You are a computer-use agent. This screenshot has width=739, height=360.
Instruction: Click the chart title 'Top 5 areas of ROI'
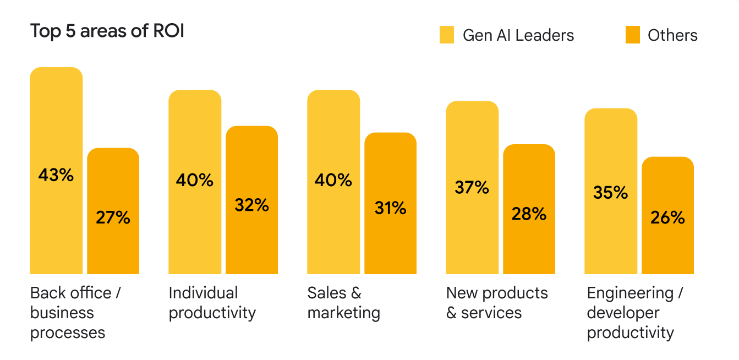point(107,31)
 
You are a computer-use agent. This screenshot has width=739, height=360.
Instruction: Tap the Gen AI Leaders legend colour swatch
point(447,35)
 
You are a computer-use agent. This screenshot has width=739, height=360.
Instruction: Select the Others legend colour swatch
point(633,35)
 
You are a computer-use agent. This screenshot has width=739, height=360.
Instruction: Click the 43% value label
point(56,175)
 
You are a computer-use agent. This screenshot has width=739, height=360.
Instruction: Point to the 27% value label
point(113,217)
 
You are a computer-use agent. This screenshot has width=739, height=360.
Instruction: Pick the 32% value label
point(252,205)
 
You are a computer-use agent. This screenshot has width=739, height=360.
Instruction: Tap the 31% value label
point(391,208)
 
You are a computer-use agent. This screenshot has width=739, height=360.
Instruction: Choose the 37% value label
point(472,188)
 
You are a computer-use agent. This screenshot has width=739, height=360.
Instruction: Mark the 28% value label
point(529,214)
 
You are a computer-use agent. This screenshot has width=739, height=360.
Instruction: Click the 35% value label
point(611,193)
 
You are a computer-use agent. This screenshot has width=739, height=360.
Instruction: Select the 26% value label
point(668,218)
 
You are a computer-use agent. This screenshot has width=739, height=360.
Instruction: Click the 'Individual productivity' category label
point(212,303)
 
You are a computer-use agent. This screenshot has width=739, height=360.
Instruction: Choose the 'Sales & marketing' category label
point(343,303)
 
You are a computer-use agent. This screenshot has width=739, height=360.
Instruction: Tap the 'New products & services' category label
point(497,303)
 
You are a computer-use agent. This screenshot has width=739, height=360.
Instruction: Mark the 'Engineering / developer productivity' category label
point(634,313)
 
